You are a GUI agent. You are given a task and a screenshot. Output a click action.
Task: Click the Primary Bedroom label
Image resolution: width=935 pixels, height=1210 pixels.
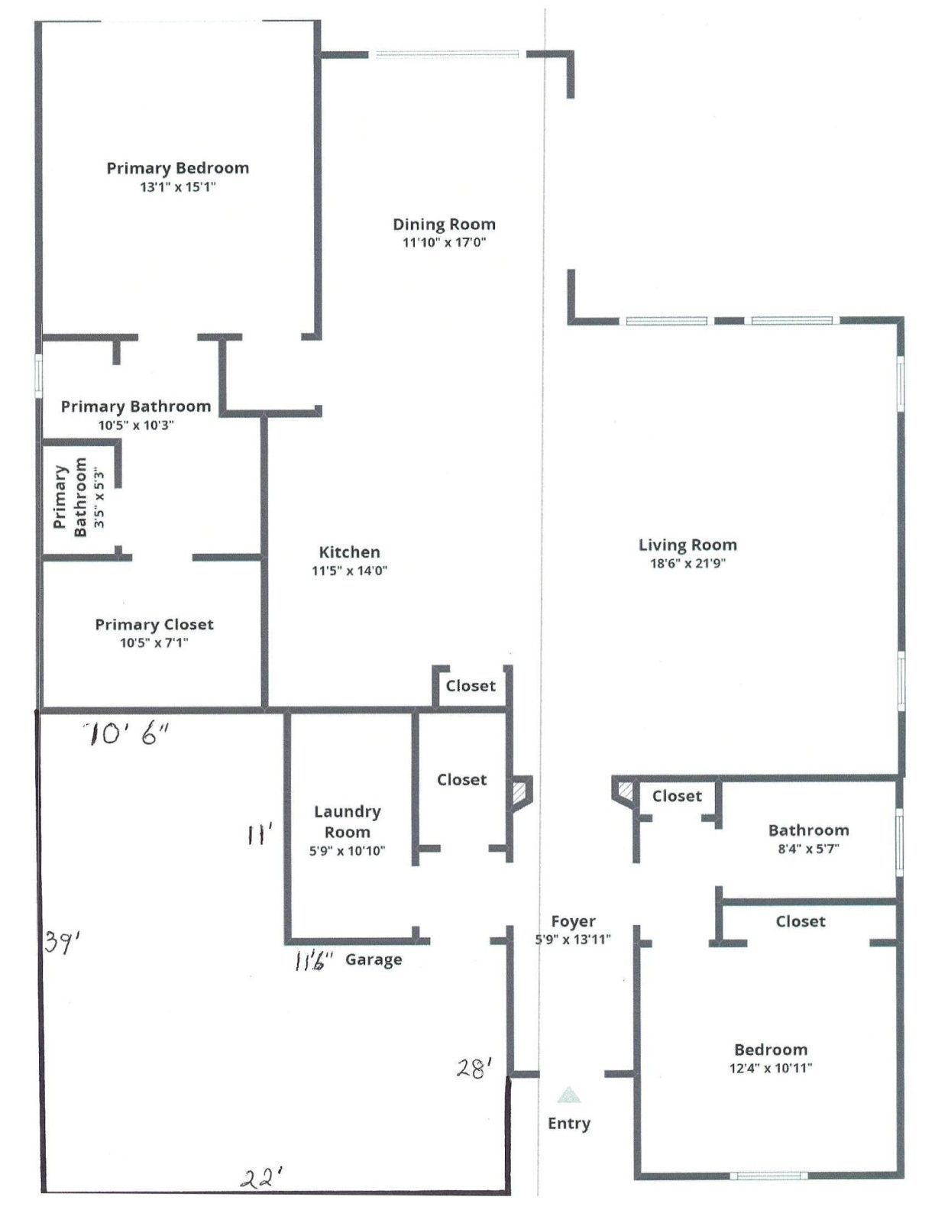coord(177,168)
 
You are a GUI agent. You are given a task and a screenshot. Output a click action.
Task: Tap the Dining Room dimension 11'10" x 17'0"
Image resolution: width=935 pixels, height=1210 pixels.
coord(445,243)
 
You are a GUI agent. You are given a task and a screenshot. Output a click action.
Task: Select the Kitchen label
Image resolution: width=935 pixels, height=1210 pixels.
coord(349,552)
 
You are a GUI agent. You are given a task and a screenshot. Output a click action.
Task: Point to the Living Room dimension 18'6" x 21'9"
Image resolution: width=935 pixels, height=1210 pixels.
coord(687,564)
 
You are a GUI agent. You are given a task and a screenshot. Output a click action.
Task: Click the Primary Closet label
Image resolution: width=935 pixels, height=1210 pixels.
coord(154,625)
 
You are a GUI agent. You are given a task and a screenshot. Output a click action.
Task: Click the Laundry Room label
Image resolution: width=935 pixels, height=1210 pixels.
coord(348,822)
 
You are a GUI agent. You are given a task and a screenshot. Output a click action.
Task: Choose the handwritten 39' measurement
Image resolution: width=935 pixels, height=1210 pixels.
coord(62,942)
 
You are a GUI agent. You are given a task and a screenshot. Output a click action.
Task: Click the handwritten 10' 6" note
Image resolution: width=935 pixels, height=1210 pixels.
coord(127,735)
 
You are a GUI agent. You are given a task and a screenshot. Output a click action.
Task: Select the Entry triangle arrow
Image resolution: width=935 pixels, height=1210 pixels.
coord(568,1096)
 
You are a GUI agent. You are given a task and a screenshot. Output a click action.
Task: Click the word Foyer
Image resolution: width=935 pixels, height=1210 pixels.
coord(573,921)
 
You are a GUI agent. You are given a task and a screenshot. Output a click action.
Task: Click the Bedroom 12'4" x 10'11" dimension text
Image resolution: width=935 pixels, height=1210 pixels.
coord(770,1068)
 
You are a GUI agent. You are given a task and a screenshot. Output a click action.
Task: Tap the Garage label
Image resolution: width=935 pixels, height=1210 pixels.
coord(374,959)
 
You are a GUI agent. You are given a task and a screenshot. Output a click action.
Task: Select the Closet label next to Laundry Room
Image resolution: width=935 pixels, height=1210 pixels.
coord(461,780)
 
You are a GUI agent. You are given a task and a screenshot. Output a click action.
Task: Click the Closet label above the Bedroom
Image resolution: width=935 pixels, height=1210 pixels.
coord(800,921)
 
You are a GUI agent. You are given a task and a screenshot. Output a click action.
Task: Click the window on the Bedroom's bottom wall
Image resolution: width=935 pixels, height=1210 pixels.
coord(768,1176)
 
